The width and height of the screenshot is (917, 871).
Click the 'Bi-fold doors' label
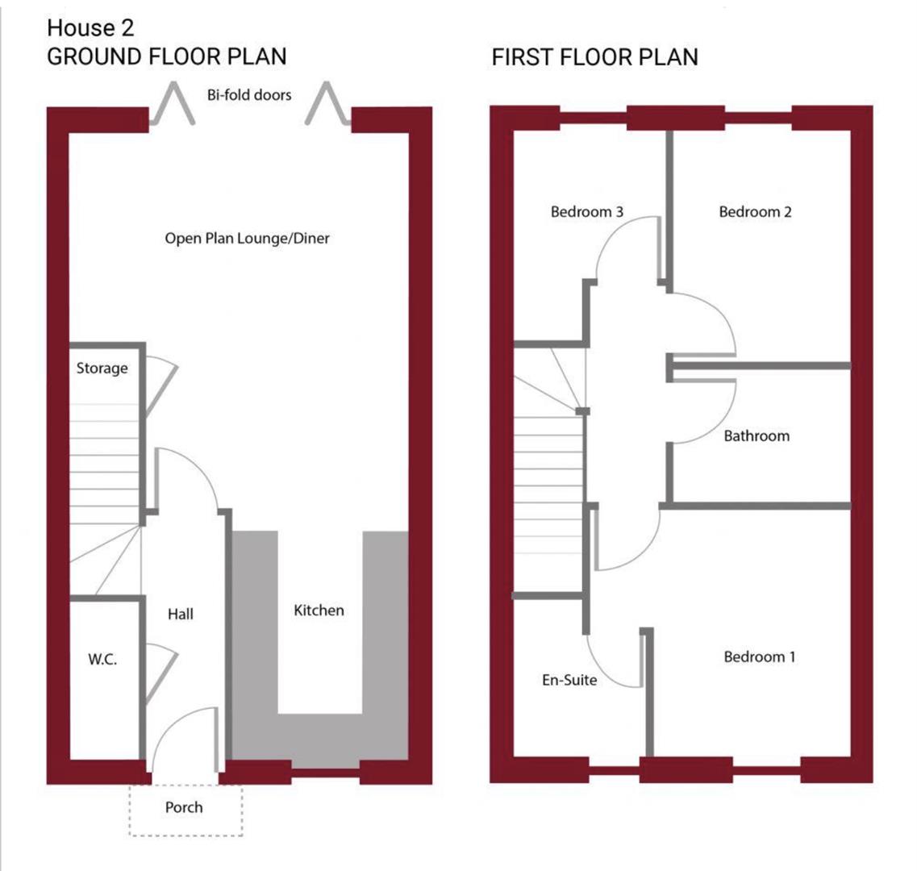coord(248,95)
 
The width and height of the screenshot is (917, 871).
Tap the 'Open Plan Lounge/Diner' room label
coord(247,239)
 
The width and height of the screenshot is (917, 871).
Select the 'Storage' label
coord(102,369)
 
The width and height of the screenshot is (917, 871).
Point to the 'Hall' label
coord(181,615)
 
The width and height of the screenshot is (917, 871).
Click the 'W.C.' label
coord(102,660)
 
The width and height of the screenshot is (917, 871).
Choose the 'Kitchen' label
coord(319,611)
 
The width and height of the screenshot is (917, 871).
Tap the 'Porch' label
coord(184,807)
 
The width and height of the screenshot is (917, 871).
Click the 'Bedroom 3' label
coord(587,212)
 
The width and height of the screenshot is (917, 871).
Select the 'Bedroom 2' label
coord(755,212)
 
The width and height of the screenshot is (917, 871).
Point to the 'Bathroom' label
coord(757,436)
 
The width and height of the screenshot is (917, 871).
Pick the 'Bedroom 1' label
coord(759,656)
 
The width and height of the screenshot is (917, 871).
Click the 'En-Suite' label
coord(569,680)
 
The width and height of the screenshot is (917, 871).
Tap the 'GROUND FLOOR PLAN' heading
coord(167,57)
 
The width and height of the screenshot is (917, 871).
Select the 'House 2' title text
coord(90,28)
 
